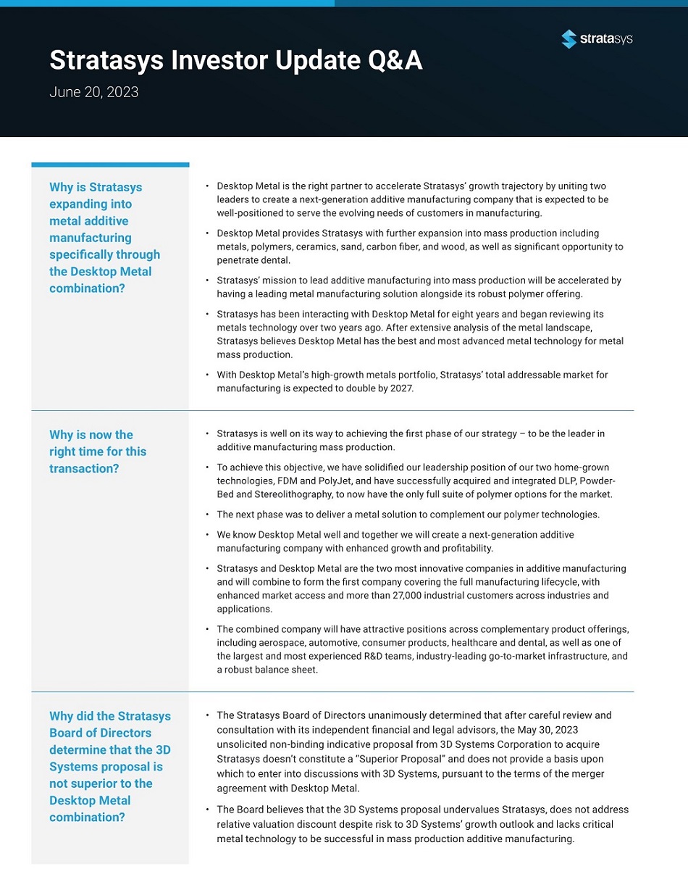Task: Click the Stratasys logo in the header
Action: point(597,39)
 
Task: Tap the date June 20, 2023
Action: point(93,93)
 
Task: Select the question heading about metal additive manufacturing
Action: point(104,238)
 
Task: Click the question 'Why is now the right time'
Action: point(98,452)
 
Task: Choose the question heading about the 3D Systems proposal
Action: point(110,767)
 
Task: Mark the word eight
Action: point(456,315)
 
